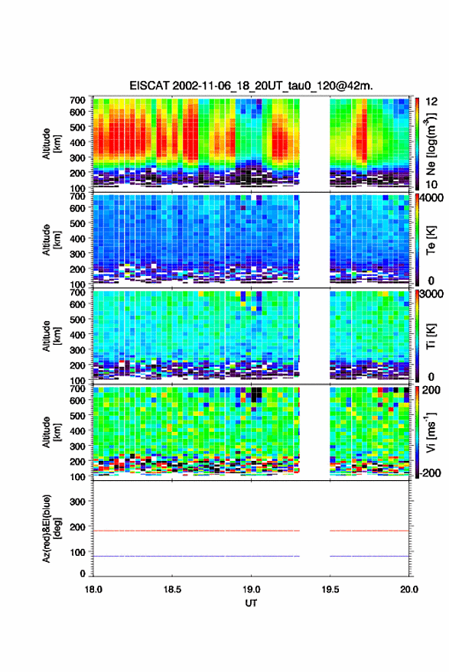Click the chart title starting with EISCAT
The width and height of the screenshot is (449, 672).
coord(252,86)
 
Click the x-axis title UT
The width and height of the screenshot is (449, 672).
coord(251,603)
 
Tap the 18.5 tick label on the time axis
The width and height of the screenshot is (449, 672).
coord(172,589)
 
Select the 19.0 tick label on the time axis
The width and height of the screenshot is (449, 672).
coord(251,589)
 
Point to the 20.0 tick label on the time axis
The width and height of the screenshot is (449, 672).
coord(409,589)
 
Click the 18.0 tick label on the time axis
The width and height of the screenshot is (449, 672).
coord(93,589)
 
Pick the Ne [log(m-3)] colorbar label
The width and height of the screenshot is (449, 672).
coord(431,143)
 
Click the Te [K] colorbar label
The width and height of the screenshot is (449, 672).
coord(431,240)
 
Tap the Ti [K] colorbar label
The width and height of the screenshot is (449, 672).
coord(431,336)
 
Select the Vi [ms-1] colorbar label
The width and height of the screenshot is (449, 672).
coord(431,432)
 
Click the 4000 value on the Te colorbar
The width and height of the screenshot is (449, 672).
coord(432,197)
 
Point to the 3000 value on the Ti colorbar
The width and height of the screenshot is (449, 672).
coord(432,294)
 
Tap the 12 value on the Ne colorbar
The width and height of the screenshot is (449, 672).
coord(431,102)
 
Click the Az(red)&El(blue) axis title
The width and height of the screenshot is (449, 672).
coord(50,529)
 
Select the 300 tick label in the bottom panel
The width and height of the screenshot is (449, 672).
coord(77,502)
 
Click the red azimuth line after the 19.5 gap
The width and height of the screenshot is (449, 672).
coord(369,531)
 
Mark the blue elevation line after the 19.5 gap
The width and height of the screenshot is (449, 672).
coord(369,557)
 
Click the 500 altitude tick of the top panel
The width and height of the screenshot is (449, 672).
coord(77,127)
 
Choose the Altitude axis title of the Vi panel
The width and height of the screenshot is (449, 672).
coord(50,432)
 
